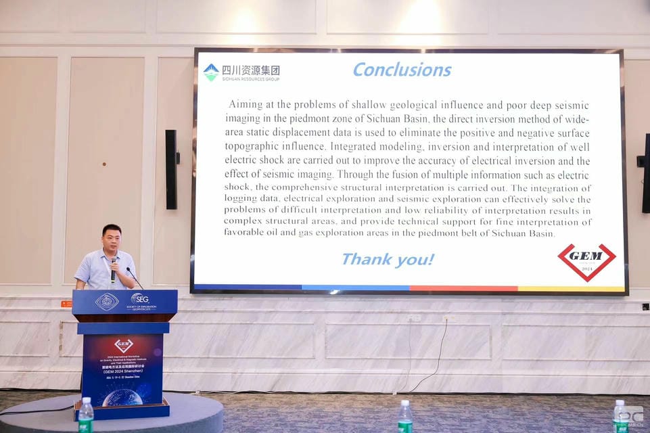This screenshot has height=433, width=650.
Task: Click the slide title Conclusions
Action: (402, 70)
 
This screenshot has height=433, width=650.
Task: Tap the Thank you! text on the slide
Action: (388, 259)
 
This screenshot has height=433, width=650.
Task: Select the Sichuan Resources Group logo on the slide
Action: (241, 72)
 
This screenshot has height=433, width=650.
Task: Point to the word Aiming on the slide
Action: (245, 105)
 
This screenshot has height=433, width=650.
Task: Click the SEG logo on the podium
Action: (139, 298)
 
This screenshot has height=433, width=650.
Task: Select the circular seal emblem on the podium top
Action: (107, 302)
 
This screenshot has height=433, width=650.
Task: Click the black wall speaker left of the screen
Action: (171, 169)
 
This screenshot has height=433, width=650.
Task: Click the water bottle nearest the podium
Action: (86, 415)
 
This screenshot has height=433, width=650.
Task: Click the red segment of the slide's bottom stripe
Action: (463, 288)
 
